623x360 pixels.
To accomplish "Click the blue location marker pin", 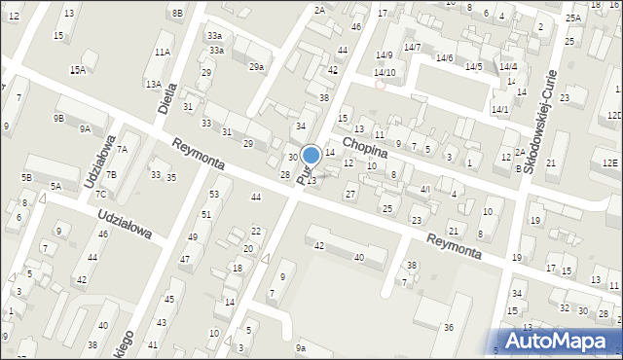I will (311, 155).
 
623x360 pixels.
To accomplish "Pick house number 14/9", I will (384, 55).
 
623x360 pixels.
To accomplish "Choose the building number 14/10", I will (384, 72).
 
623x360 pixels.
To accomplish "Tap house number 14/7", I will (413, 47).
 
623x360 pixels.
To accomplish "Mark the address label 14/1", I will (500, 109).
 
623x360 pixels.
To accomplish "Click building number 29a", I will (256, 66).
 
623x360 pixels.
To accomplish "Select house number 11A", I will (162, 52).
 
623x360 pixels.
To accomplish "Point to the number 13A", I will (154, 85).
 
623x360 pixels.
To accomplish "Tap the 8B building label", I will (176, 13).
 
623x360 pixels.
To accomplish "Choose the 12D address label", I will (613, 116).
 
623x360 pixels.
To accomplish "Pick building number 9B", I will (58, 118).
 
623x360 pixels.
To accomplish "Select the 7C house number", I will (100, 194).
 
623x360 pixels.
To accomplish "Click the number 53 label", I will (214, 195).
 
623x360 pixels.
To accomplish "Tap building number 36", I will (448, 328).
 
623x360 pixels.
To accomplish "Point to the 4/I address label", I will (424, 189).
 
